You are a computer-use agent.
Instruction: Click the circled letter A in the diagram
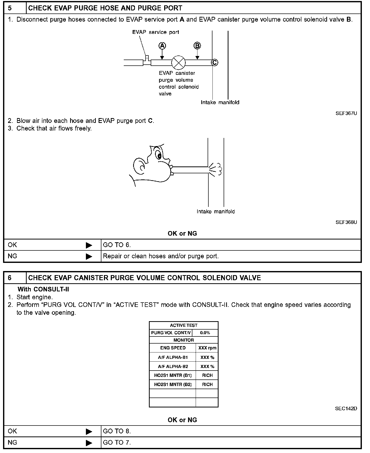click(162, 46)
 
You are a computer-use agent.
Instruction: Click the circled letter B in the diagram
click(197, 46)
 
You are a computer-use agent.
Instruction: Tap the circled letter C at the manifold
click(215, 62)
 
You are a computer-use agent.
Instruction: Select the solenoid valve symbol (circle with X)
click(179, 63)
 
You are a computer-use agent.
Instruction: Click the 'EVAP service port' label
click(156, 32)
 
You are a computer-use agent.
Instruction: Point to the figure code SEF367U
click(346, 113)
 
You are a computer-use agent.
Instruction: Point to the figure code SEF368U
click(346, 222)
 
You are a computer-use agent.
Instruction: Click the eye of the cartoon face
click(158, 154)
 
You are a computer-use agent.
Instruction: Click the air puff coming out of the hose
click(215, 169)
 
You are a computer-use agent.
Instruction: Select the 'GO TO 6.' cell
click(117, 245)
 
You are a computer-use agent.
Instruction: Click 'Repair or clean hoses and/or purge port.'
click(161, 256)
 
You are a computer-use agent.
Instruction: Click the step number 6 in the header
click(10, 278)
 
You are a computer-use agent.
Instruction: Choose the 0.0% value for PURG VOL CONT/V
click(205, 333)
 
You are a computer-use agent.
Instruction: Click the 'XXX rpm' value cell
click(207, 348)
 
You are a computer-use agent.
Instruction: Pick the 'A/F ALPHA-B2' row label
click(173, 366)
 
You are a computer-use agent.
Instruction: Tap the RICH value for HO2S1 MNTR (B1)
click(207, 375)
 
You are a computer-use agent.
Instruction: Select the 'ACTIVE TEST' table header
click(183, 325)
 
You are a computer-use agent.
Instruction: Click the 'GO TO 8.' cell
click(117, 431)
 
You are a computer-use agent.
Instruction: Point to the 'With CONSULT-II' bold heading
click(43, 289)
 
